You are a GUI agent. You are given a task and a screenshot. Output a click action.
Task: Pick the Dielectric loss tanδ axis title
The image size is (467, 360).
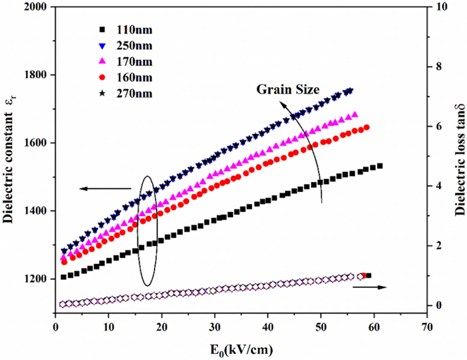click(x=460, y=161)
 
